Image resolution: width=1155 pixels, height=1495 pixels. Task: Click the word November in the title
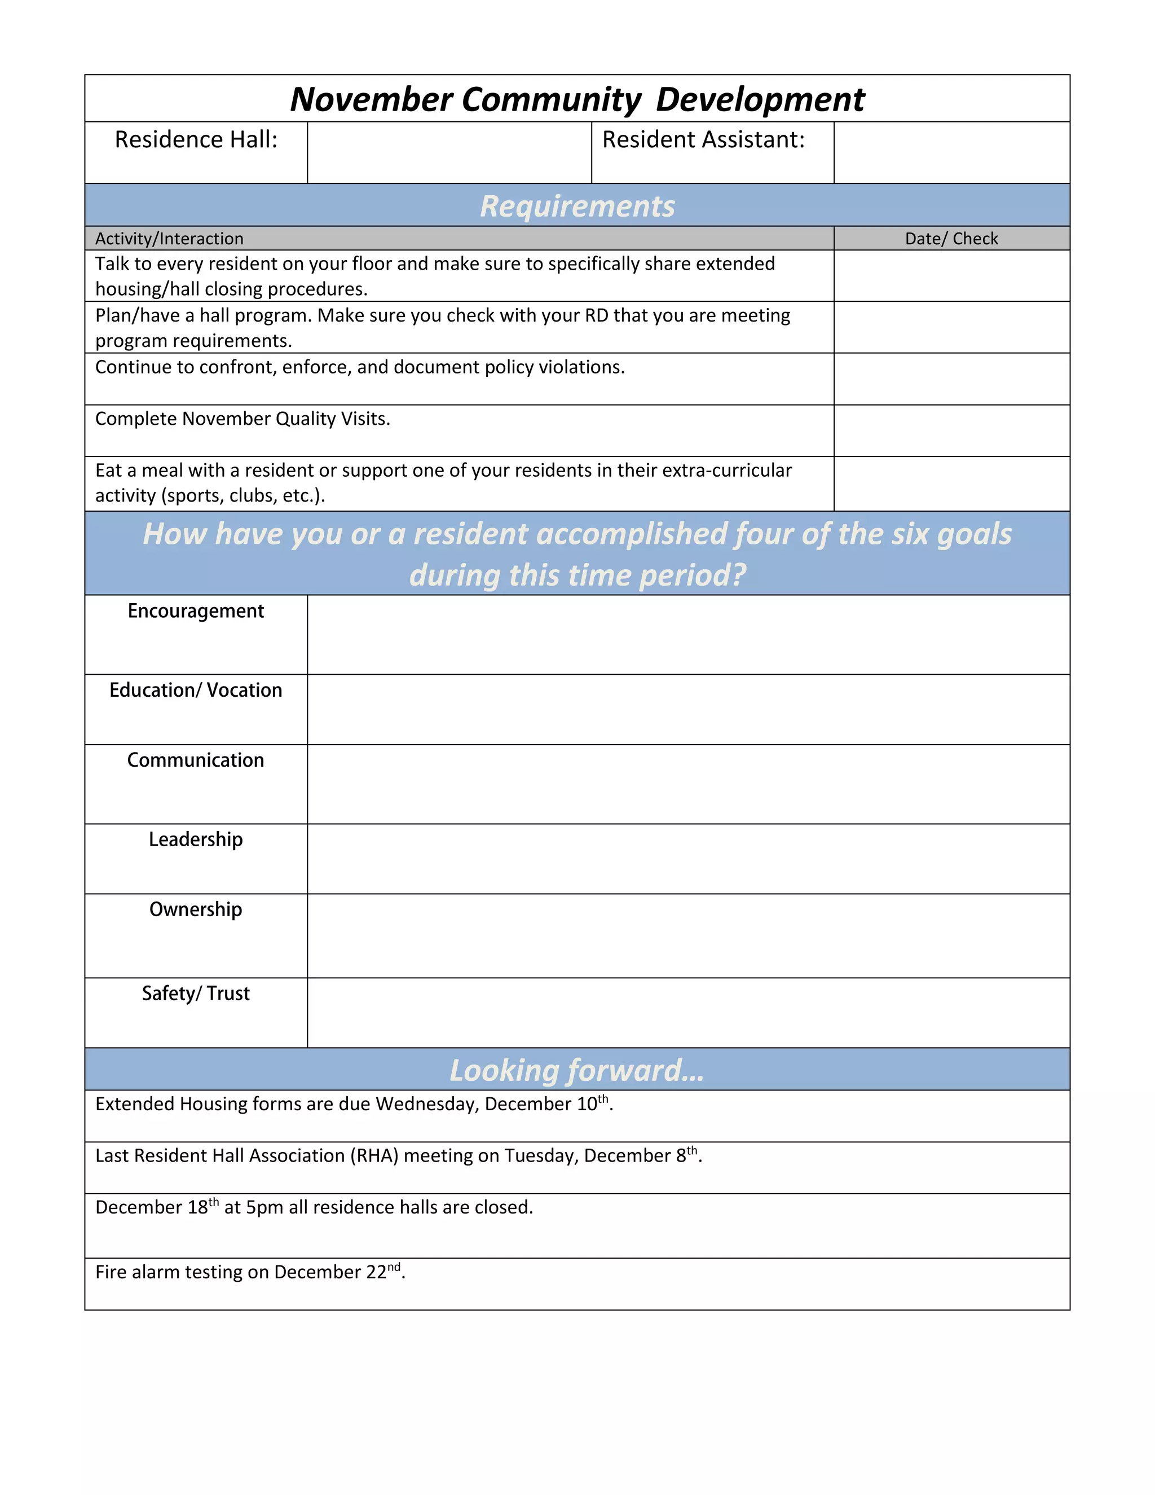coord(371,100)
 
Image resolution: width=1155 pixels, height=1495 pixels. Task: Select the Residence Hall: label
coord(196,140)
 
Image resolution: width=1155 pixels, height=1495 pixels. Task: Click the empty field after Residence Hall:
coord(449,153)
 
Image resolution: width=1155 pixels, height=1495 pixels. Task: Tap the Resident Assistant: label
coord(703,140)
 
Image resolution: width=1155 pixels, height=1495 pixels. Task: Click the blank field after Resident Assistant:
coord(951,153)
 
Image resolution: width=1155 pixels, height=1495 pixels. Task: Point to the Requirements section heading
coord(577,206)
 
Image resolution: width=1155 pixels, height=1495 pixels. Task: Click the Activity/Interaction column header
coord(169,238)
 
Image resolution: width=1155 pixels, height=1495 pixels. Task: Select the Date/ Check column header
coord(951,238)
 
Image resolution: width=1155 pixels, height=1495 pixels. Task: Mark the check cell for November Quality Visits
coord(951,430)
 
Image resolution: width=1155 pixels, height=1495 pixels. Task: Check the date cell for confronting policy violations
coord(951,379)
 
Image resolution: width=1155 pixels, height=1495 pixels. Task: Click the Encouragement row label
coord(196,610)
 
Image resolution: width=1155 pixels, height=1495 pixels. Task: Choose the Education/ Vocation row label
coord(196,690)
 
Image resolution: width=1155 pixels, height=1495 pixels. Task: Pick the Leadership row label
coord(196,839)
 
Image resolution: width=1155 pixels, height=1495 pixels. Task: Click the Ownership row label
coord(196,909)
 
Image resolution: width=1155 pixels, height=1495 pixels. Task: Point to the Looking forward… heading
coord(577,1070)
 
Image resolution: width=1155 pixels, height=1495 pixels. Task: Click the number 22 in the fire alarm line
coord(376,1272)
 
